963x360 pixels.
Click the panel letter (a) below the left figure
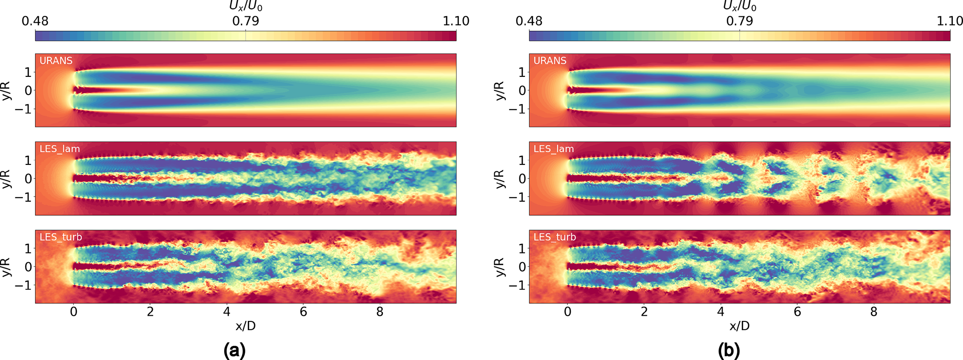pyautogui.click(x=234, y=350)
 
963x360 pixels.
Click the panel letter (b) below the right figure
pyautogui.click(x=729, y=350)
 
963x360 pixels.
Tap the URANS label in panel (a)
pyautogui.click(x=56, y=61)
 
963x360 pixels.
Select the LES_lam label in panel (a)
pyautogui.click(x=60, y=149)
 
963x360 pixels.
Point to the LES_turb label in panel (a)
pyautogui.click(x=61, y=237)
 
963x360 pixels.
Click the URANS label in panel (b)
pyautogui.click(x=550, y=61)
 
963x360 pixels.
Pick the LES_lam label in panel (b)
pyautogui.click(x=553, y=149)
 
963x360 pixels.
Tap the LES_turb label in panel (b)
pyautogui.click(x=554, y=237)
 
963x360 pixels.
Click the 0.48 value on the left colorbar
pyautogui.click(x=35, y=21)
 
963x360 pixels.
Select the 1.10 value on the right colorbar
pyautogui.click(x=949, y=21)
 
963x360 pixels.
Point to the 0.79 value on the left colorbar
pyautogui.click(x=246, y=21)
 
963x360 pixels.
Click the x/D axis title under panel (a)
pyautogui.click(x=246, y=326)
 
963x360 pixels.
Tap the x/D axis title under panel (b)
pyautogui.click(x=739, y=326)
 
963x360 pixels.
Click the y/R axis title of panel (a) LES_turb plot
pyautogui.click(x=7, y=267)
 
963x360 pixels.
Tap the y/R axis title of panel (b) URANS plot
pyautogui.click(x=500, y=90)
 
